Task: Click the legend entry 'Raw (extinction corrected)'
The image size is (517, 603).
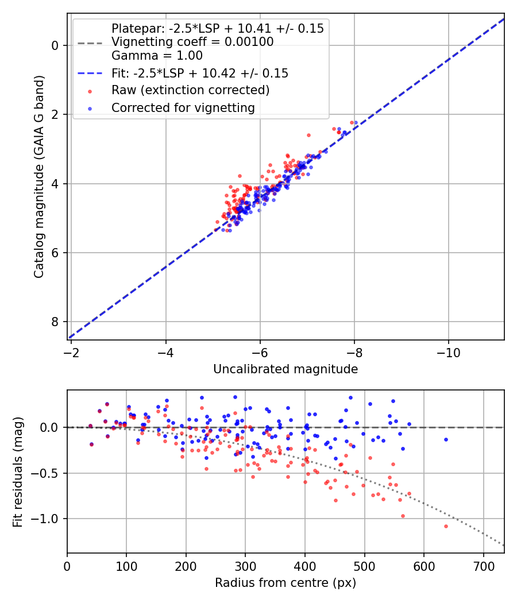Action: [190, 90]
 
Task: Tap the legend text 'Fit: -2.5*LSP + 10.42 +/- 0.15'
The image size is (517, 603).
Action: [200, 74]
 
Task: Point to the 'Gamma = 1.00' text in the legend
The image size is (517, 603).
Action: [157, 56]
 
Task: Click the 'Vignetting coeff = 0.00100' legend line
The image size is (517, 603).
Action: [192, 42]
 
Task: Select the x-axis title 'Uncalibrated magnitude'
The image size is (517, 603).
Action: [285, 369]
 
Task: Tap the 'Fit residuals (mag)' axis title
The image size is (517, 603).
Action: [18, 471]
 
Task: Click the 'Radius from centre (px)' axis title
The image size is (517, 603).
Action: [285, 583]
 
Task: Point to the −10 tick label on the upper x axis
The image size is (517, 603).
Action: [448, 352]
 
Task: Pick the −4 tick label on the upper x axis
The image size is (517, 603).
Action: [166, 352]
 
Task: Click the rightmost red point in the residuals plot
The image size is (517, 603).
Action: [446, 526]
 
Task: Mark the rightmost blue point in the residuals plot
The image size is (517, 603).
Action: [446, 439]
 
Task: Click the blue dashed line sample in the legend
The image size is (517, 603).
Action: [91, 74]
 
